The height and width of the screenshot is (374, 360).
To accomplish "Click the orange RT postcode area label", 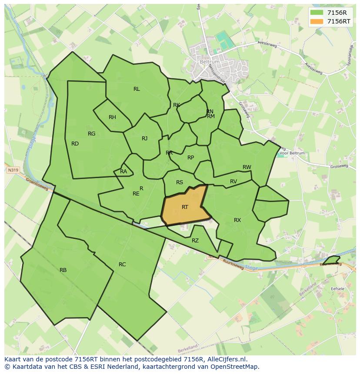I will click(185, 207).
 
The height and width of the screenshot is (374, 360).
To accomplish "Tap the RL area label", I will click(137, 89).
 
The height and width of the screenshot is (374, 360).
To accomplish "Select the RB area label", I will click(63, 270).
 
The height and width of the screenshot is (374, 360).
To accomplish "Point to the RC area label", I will click(122, 265).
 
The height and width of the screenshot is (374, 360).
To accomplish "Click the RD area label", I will click(75, 144).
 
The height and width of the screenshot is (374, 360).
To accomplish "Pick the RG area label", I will click(91, 134).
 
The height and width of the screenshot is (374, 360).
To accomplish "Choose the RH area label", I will click(112, 117).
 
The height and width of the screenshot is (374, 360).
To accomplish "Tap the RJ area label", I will click(144, 139).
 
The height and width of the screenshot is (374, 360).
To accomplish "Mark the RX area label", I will click(237, 220).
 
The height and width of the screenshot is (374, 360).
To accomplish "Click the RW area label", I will click(247, 167).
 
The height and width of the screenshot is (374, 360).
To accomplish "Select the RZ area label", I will click(195, 241).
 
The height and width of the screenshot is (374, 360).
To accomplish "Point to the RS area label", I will click(180, 183).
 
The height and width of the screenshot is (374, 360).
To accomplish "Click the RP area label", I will click(190, 158).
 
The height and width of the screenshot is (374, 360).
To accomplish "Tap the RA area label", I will click(123, 172).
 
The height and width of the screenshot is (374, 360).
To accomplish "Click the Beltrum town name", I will click(210, 62).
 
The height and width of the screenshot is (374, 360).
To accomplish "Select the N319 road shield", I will click(13, 171).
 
